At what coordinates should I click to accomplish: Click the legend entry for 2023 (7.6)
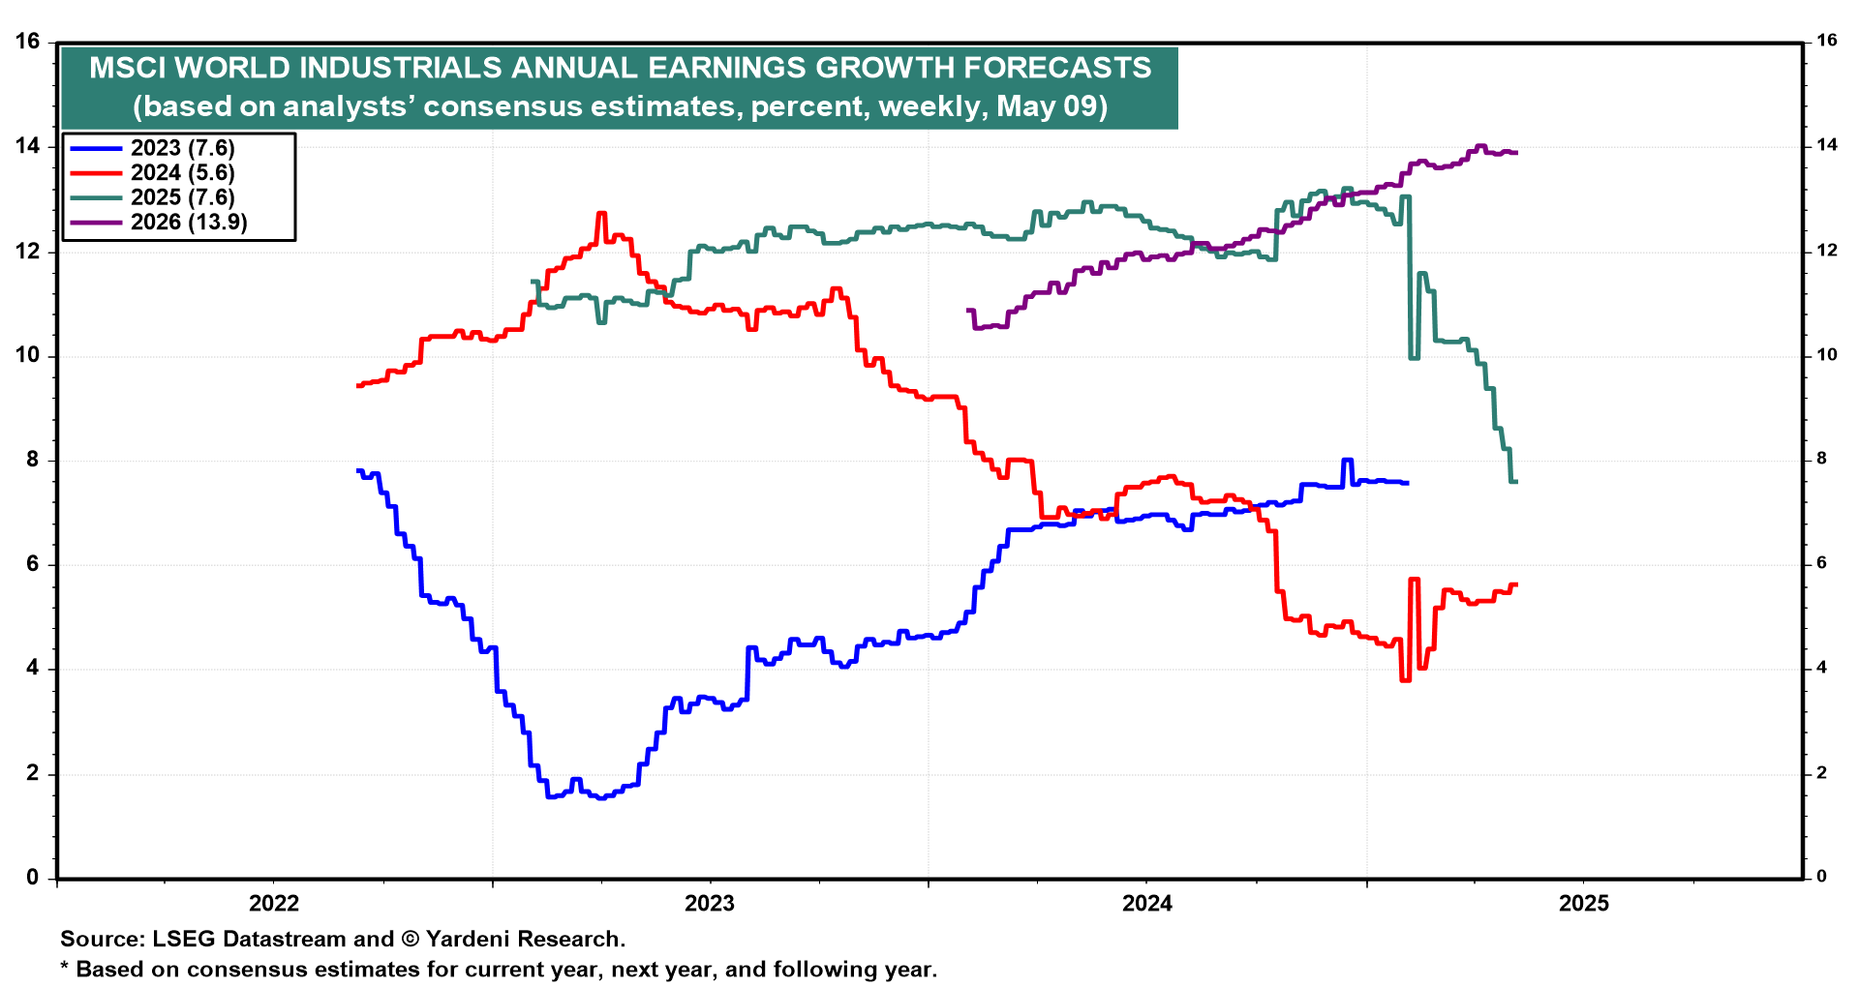(182, 148)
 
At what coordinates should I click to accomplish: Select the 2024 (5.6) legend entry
(182, 173)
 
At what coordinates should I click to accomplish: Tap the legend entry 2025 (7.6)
(182, 197)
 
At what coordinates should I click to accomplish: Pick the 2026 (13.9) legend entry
(189, 223)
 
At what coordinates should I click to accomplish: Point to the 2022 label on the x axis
(274, 904)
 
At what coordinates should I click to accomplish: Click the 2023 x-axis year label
(710, 904)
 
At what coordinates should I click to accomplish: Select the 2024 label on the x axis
(1146, 904)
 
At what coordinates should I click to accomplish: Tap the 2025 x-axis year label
(1584, 904)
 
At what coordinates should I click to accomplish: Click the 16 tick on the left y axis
(27, 42)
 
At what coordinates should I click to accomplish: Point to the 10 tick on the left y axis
(27, 355)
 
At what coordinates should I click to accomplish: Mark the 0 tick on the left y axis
(33, 878)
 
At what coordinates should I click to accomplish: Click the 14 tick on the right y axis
(1827, 145)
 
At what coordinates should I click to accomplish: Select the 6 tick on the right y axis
(1821, 563)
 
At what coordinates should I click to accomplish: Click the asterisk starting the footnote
(65, 969)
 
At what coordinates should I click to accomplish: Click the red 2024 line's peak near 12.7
(601, 214)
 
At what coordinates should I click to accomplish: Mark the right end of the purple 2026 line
(1515, 153)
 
